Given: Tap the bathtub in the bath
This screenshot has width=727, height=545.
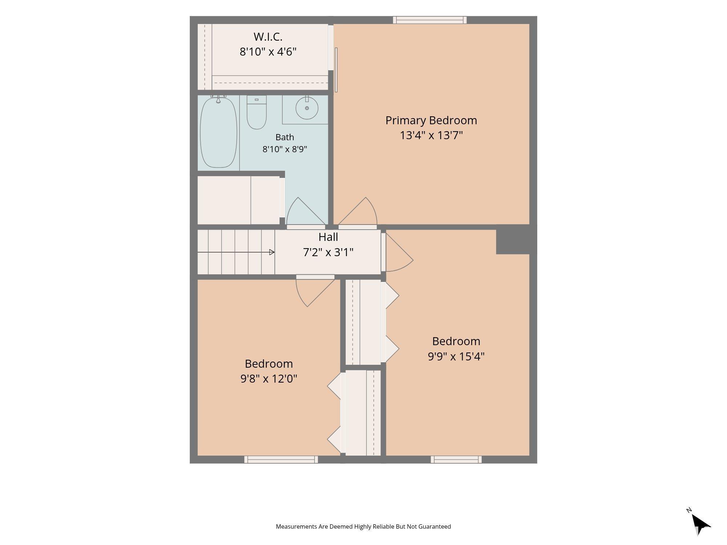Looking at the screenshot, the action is (x=218, y=132).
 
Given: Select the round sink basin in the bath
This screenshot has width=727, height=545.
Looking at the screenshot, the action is (x=307, y=108).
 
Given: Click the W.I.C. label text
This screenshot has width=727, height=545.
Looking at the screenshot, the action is (x=268, y=37).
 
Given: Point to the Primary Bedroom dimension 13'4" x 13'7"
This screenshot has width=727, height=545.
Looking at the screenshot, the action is (x=431, y=135).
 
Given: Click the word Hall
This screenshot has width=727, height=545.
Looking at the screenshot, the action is (x=328, y=237).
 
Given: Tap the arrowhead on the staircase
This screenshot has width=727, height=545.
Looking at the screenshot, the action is (x=272, y=252).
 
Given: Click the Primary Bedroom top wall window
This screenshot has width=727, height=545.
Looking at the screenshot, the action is (x=430, y=20).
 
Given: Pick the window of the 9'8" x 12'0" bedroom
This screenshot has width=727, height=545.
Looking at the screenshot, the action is (x=281, y=460).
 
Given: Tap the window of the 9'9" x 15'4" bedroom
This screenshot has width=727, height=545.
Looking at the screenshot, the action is (x=456, y=460).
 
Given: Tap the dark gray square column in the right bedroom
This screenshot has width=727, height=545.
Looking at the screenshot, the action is (x=517, y=239).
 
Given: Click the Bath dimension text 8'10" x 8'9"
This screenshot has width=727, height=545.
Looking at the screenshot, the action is (x=285, y=149).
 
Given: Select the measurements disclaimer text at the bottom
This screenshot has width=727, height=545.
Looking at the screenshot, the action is (x=363, y=526).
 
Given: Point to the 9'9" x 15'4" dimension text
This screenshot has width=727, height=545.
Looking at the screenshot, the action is (x=456, y=356).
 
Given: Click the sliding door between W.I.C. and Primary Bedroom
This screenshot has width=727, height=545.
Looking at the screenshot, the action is (x=336, y=70).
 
